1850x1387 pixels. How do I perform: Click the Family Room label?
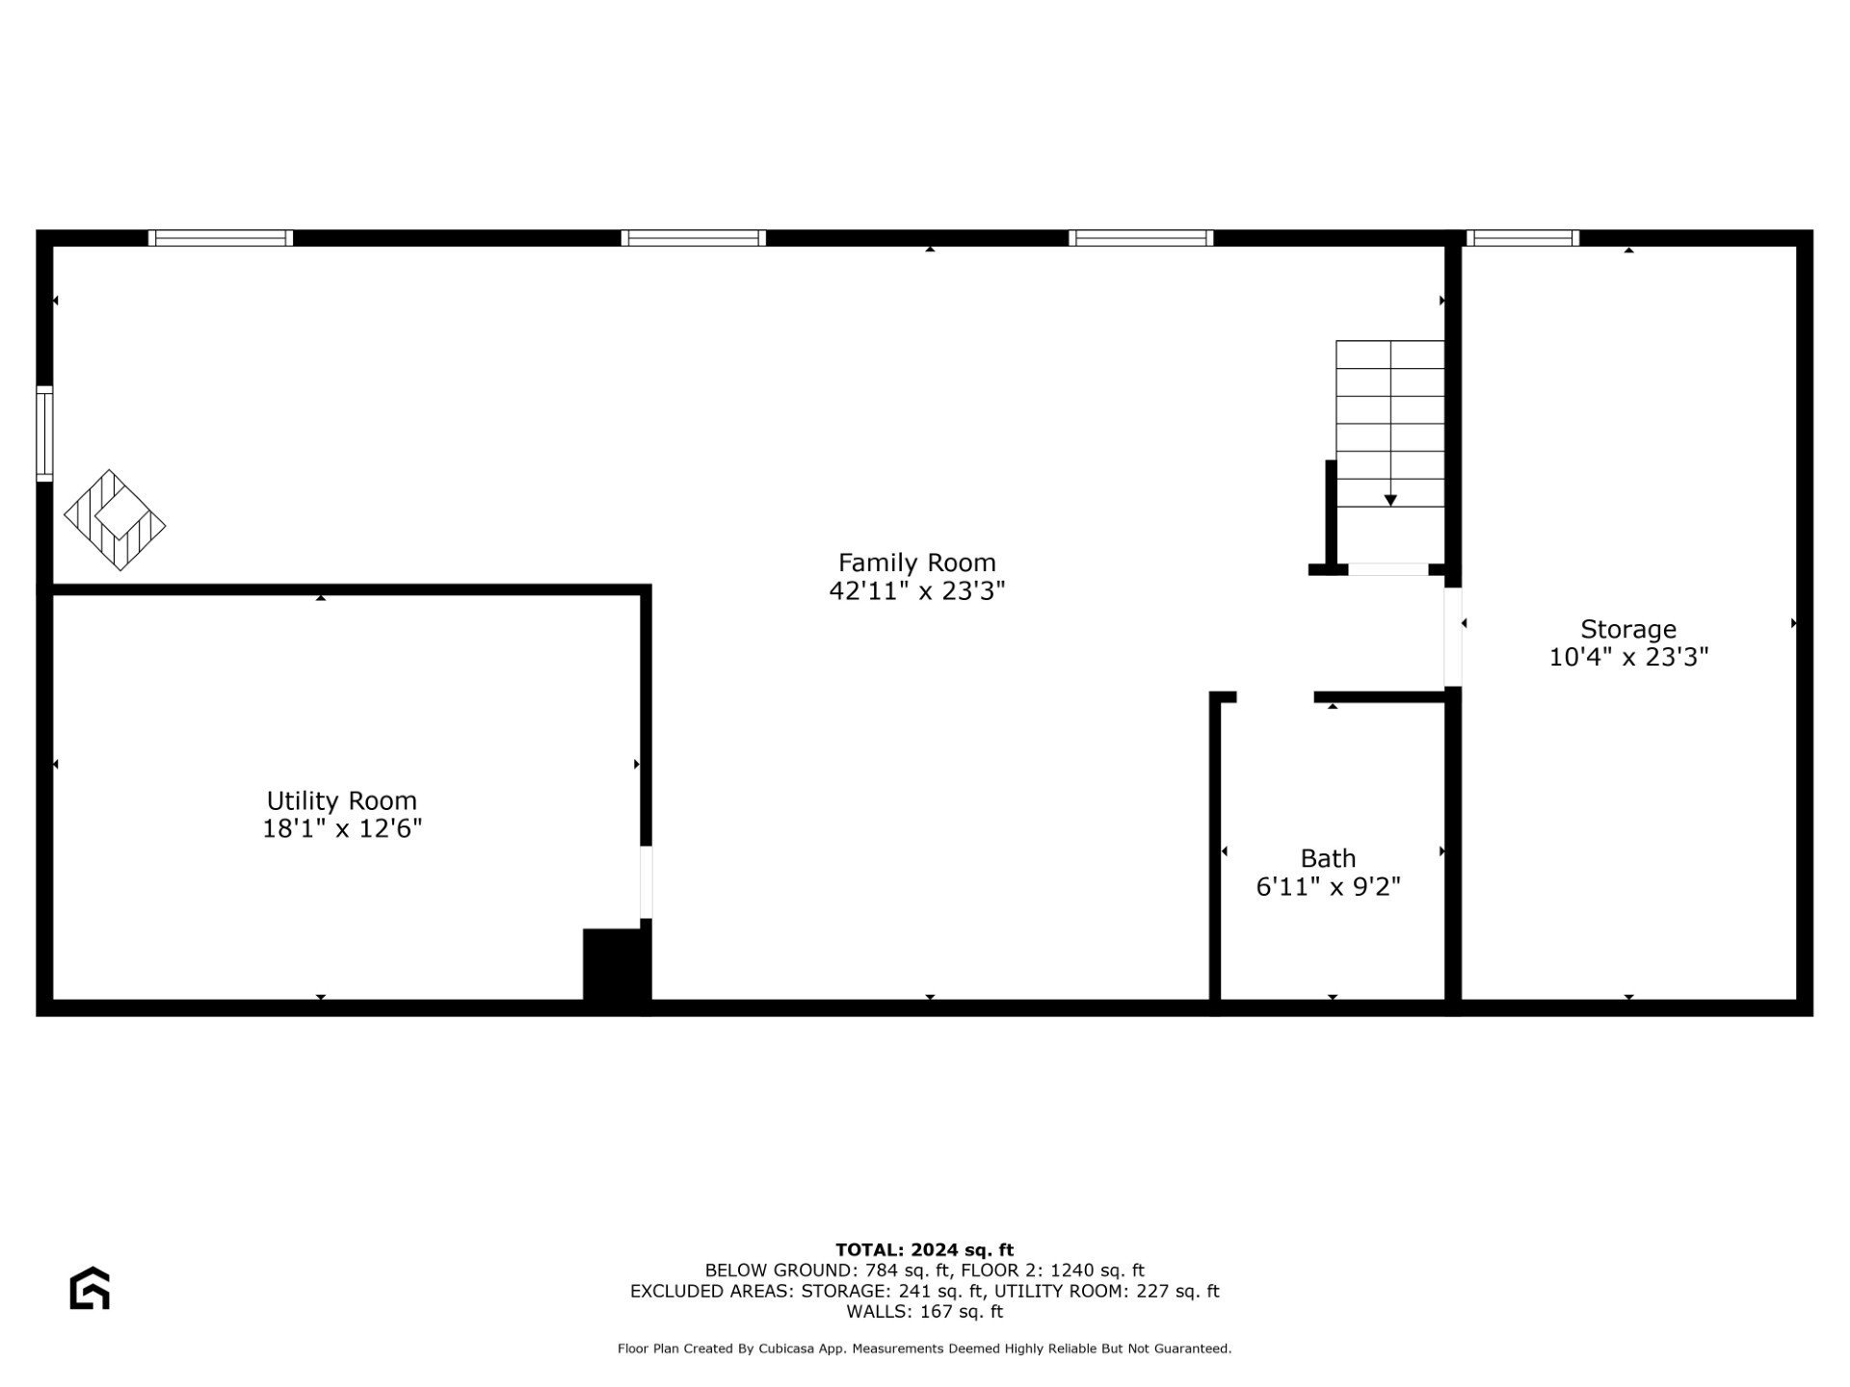click(916, 563)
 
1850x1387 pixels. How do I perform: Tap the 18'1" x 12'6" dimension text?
click(342, 828)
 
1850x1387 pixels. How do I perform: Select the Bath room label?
click(1328, 858)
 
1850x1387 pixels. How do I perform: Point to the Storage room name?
click(1628, 629)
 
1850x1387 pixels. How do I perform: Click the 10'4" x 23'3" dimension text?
click(1628, 657)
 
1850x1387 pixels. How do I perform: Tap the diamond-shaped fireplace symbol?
click(115, 520)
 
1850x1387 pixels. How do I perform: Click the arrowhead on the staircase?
click(1390, 500)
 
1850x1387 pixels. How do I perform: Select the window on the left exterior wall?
click(44, 433)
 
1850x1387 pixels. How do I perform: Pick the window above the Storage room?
click(1522, 238)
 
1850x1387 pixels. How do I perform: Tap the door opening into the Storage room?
click(1453, 637)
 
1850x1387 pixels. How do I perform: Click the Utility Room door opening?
click(646, 882)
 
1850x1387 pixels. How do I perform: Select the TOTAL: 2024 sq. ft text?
click(924, 1250)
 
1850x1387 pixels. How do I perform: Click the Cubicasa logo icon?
click(90, 1288)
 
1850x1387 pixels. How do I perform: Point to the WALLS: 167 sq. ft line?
click(924, 1312)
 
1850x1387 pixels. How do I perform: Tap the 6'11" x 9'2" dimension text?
click(1328, 886)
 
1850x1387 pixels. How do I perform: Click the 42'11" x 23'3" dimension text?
click(916, 590)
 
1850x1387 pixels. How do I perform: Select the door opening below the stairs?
click(1387, 569)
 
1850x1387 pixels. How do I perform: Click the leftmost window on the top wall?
click(221, 238)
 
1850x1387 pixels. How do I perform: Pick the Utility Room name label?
click(342, 800)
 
